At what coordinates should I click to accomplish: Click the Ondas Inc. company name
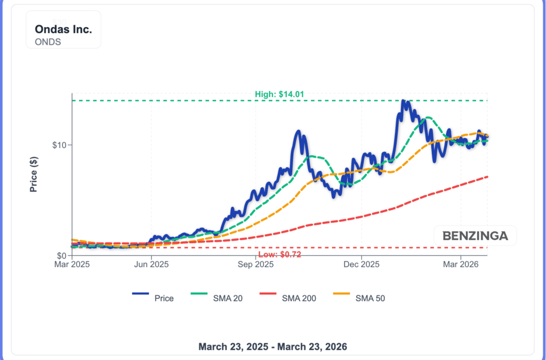click(x=63, y=29)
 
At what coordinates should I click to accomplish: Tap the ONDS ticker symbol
click(x=48, y=42)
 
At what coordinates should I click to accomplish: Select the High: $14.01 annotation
click(x=279, y=94)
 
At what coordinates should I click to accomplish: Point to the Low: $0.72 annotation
click(x=279, y=254)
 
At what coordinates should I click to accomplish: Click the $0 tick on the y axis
click(x=61, y=255)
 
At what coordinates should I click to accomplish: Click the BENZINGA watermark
click(x=475, y=235)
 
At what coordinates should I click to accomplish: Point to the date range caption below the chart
click(x=272, y=347)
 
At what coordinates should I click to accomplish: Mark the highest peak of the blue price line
click(x=403, y=101)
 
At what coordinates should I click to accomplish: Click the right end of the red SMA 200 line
click(x=487, y=177)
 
